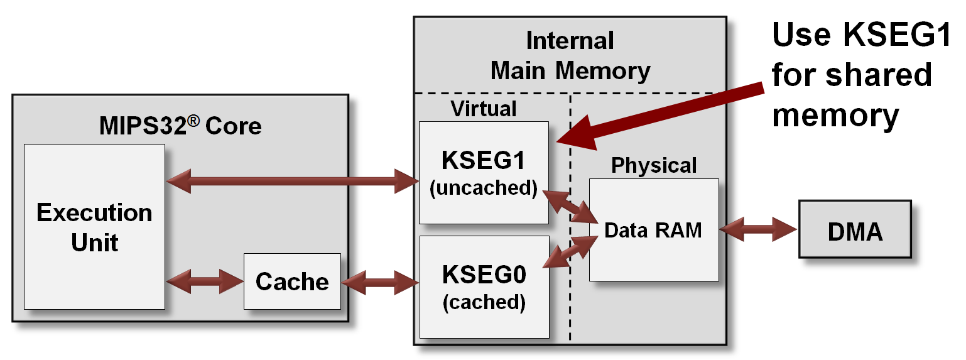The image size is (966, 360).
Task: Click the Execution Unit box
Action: [x=94, y=226]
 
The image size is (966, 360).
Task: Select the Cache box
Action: [x=292, y=281]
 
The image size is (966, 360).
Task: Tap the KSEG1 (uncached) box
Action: [x=484, y=173]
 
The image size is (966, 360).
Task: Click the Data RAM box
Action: [x=653, y=230]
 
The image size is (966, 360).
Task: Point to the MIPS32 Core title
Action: [x=180, y=126]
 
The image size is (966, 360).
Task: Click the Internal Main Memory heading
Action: [x=570, y=55]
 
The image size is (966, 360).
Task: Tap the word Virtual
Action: [x=484, y=109]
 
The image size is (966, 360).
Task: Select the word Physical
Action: [x=654, y=165]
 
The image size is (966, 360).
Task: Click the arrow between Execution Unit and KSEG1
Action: [x=292, y=182]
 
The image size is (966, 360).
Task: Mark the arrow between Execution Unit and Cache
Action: [x=204, y=281]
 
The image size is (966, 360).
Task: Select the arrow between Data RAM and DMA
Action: [x=759, y=230]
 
